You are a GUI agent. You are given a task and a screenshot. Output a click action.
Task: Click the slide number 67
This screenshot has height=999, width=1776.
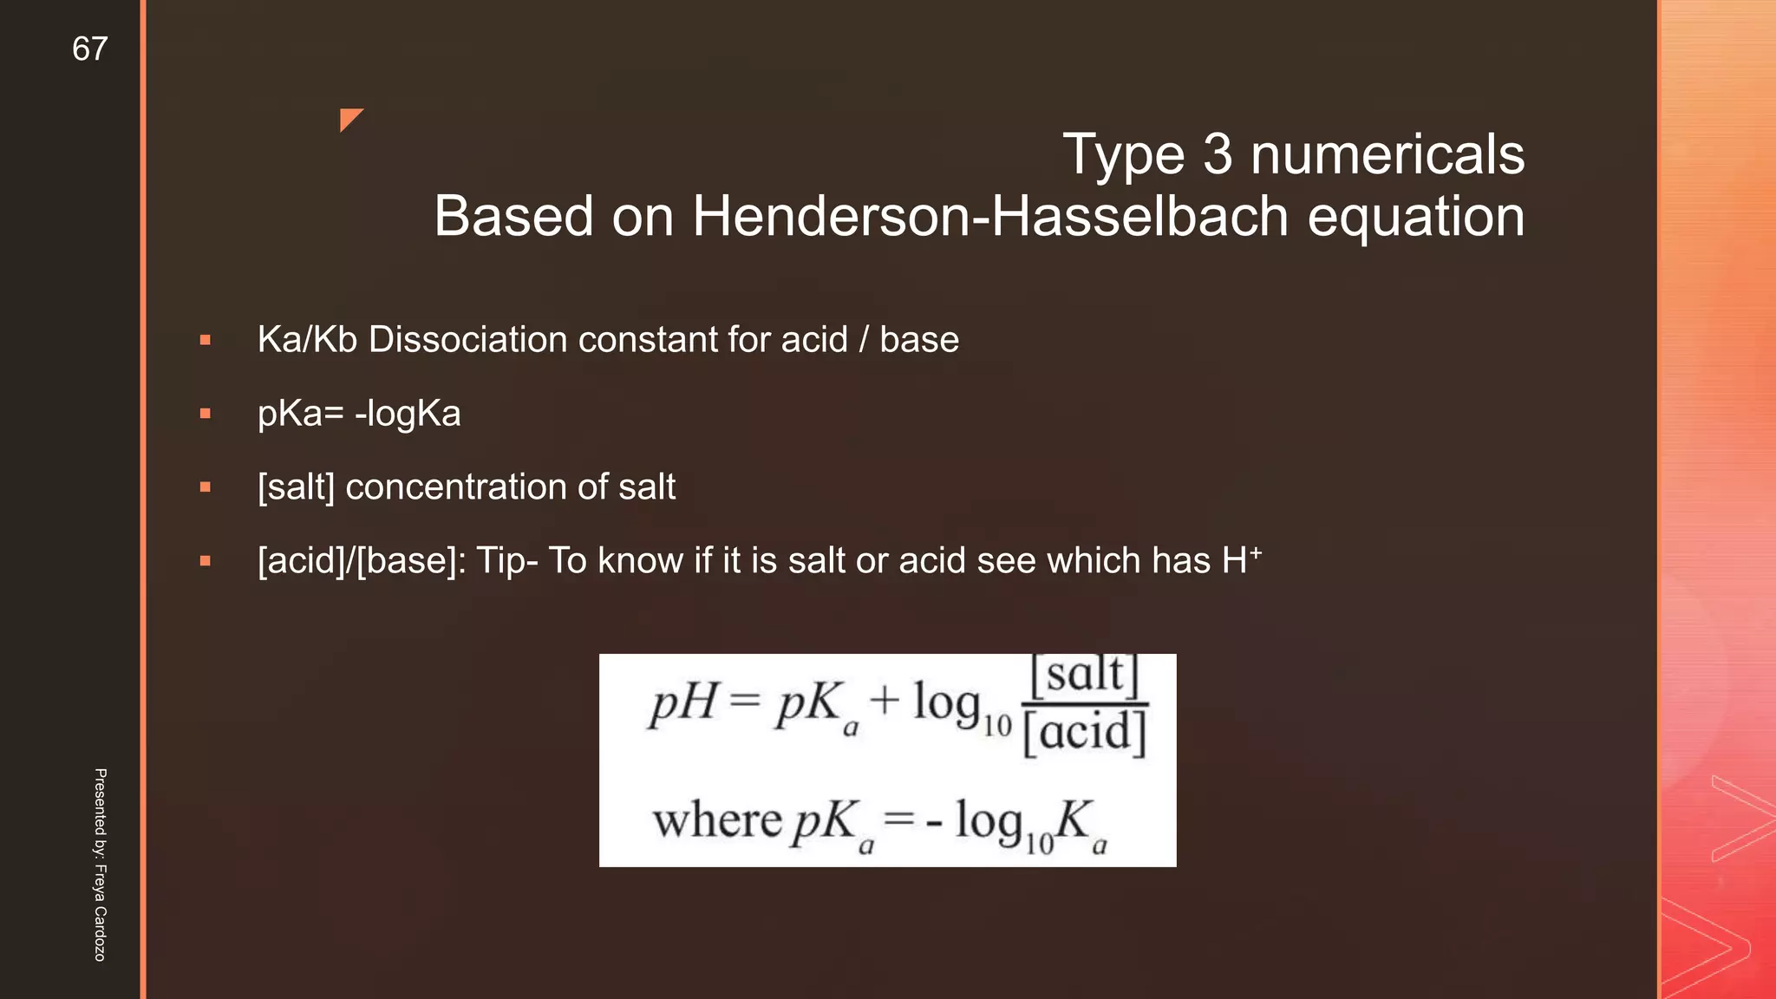(x=90, y=49)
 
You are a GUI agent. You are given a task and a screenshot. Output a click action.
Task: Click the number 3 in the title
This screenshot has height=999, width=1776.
(x=1218, y=154)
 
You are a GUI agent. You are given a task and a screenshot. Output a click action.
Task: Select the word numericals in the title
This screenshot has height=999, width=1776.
(x=1387, y=154)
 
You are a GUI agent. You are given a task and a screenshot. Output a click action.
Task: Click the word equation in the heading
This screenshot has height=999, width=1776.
(x=1415, y=216)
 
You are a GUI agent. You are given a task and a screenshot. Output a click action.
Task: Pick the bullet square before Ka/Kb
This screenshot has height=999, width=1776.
(x=206, y=341)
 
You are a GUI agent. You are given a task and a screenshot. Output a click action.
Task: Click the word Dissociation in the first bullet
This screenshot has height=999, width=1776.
(x=468, y=339)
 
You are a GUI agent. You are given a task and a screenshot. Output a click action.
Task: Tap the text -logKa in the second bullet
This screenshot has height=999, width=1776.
(x=408, y=414)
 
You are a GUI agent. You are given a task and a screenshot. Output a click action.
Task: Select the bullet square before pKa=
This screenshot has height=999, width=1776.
(x=206, y=415)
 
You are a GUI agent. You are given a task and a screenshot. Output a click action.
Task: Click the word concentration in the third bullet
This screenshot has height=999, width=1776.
(x=456, y=487)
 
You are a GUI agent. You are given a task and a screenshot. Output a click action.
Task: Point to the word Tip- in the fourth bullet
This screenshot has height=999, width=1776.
(x=507, y=561)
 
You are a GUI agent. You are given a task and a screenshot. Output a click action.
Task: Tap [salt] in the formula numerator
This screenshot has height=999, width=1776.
(x=1084, y=676)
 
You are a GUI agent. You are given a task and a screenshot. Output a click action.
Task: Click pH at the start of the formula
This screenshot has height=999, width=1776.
(x=683, y=702)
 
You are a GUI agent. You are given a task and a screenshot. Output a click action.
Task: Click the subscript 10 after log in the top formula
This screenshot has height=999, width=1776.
(x=997, y=725)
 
